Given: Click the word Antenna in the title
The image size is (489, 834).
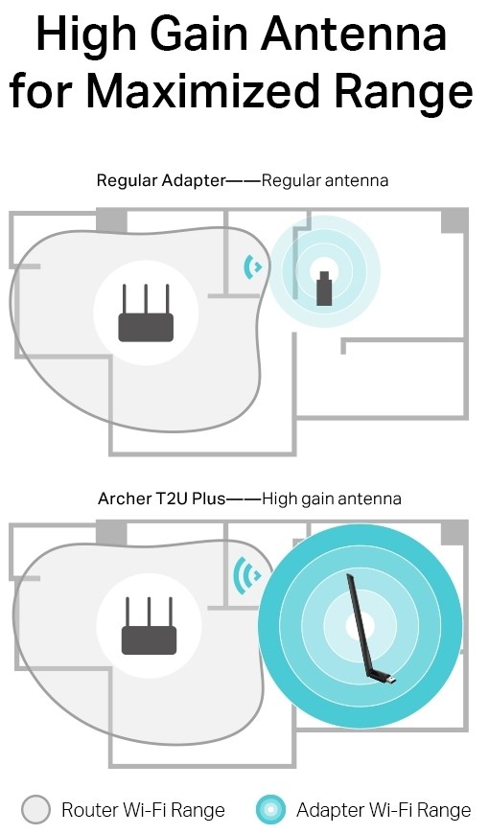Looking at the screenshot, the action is (x=354, y=34).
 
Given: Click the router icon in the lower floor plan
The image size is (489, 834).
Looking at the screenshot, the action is (x=149, y=626).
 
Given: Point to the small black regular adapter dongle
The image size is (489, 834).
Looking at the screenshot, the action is (x=324, y=289).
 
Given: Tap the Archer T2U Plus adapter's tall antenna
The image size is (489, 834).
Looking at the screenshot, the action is (x=360, y=625).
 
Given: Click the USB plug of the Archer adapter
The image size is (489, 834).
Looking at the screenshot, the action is (x=389, y=680).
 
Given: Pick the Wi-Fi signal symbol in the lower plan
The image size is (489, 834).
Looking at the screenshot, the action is (x=248, y=575).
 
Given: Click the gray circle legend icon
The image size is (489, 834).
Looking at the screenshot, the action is (x=36, y=810).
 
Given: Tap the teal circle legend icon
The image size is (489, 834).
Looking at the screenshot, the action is (x=270, y=810).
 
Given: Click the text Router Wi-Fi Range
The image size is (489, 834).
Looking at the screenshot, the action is (x=143, y=810).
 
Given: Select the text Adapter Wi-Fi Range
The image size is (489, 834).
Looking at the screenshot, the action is (x=384, y=810).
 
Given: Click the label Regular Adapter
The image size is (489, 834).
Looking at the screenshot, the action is (x=161, y=181).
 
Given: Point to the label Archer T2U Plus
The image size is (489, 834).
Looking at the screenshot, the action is (x=162, y=498).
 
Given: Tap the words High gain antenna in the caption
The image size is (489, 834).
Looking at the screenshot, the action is (x=332, y=499).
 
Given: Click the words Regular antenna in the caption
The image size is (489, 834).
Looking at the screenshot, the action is (x=325, y=181).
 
